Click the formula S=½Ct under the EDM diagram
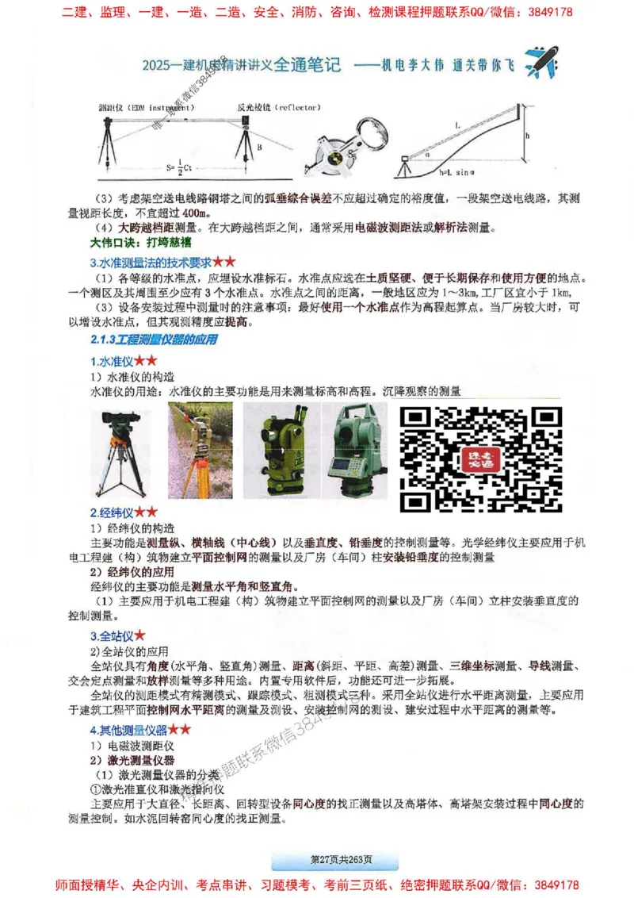click(x=182, y=168)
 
